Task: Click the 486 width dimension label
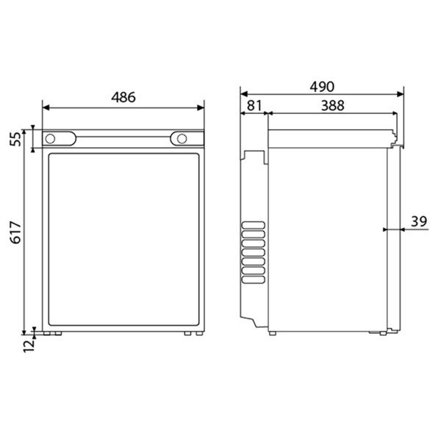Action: click(x=123, y=97)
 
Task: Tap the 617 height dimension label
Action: click(x=15, y=232)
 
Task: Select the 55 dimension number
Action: click(x=15, y=139)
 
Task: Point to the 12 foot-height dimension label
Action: click(x=29, y=345)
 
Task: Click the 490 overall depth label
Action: click(x=322, y=87)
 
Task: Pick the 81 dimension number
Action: click(x=254, y=106)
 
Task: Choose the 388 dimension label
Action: click(x=332, y=106)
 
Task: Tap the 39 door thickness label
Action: click(x=419, y=221)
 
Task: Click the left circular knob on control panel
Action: click(x=50, y=139)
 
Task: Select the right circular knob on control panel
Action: click(x=182, y=139)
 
